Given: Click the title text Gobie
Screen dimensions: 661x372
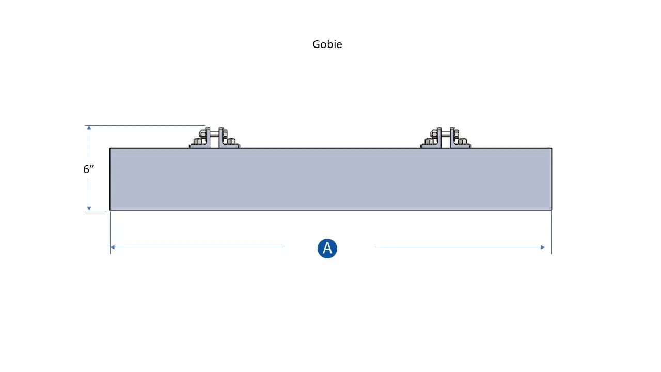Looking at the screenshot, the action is pyautogui.click(x=327, y=44).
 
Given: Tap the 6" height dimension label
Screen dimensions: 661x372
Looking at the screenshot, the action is pyautogui.click(x=88, y=169).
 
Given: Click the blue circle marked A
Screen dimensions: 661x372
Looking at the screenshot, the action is pyautogui.click(x=327, y=249).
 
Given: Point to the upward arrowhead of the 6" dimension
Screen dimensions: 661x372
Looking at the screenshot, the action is pyautogui.click(x=89, y=128).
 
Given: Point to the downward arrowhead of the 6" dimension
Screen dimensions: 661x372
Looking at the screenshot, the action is pyautogui.click(x=89, y=208).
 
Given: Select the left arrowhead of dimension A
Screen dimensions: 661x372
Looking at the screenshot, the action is pyautogui.click(x=113, y=247).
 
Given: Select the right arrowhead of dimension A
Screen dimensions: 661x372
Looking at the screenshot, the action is pyautogui.click(x=543, y=247).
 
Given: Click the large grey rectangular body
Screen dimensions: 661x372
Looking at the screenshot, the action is pyautogui.click(x=330, y=179).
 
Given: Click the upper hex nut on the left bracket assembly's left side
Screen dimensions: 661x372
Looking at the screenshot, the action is pyautogui.click(x=202, y=134).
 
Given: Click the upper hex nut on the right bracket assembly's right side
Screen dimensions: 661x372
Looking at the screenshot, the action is pyautogui.click(x=457, y=134).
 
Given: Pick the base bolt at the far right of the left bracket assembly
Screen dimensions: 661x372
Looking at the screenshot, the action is pyautogui.click(x=233, y=142).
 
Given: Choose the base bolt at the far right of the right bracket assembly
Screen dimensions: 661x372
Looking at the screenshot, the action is pyautogui.click(x=464, y=142).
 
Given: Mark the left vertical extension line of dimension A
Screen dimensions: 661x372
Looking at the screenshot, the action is pyautogui.click(x=111, y=233).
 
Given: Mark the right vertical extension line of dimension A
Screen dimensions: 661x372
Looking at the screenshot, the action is pyautogui.click(x=551, y=233).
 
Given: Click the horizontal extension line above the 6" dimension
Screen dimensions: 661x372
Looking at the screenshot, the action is pyautogui.click(x=145, y=125).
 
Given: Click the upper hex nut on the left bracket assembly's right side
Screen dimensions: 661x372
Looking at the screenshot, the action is pyautogui.click(x=225, y=134).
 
